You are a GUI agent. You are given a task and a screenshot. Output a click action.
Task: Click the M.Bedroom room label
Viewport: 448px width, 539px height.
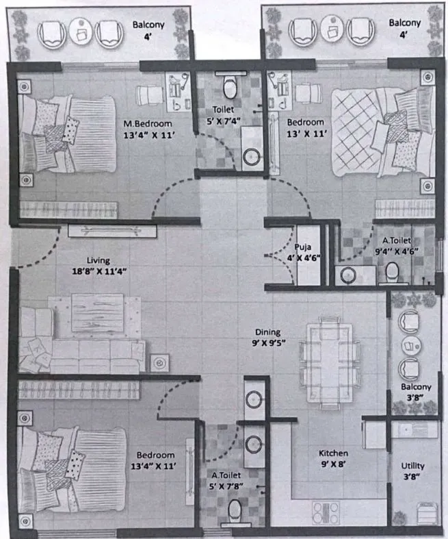(x=148, y=123)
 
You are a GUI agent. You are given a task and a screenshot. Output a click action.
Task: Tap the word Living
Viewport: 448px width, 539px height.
(x=98, y=260)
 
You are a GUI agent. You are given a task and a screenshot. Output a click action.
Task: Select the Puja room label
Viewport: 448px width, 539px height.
(x=304, y=247)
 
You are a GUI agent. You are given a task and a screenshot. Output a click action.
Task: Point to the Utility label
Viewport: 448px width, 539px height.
(x=412, y=466)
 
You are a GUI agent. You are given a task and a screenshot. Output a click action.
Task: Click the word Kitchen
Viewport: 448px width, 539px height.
(x=333, y=453)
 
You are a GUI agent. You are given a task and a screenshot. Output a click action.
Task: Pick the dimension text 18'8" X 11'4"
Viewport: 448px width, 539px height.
(x=99, y=272)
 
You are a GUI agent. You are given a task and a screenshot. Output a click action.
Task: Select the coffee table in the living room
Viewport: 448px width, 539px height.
(x=98, y=313)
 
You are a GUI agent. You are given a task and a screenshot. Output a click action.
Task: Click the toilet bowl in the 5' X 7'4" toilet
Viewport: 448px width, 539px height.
(x=230, y=87)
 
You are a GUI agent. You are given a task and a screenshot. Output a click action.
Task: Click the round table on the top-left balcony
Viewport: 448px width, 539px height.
(x=79, y=32)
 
